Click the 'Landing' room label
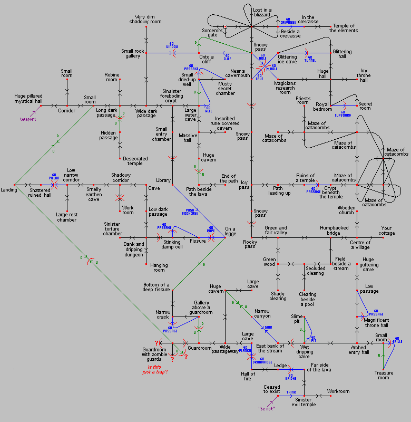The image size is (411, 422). click(x=9, y=189)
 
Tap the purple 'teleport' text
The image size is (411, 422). click(x=24, y=119)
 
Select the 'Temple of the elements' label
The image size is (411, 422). click(x=343, y=28)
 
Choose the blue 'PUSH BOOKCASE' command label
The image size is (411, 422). click(x=191, y=212)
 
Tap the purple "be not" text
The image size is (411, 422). click(x=267, y=408)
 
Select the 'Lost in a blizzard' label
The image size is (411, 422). click(x=262, y=13)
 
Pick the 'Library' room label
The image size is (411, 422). click(x=163, y=180)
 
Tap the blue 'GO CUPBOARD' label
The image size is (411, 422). click(x=343, y=114)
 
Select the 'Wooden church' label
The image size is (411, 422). click(x=347, y=210)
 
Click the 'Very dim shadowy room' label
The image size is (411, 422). click(x=145, y=20)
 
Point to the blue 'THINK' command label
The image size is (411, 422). click(x=291, y=392)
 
